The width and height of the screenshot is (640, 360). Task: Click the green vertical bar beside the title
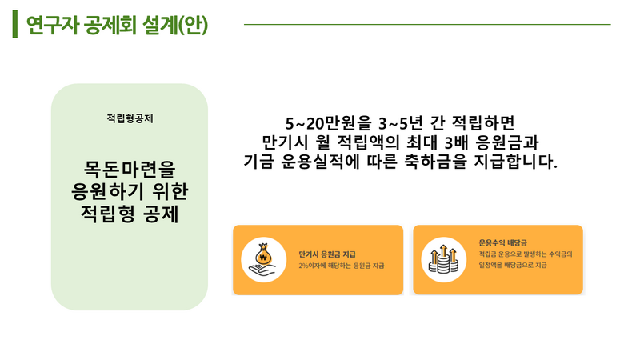pos(15,24)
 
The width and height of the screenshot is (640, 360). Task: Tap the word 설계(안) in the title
pos(175,26)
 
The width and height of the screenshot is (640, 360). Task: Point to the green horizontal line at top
pos(427,25)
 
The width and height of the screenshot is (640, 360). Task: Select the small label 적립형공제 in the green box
pos(130,118)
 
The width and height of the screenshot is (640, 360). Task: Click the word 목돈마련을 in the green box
pos(130,170)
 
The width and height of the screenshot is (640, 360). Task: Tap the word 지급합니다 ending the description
pos(515,162)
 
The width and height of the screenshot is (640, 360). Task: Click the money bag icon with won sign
pos(264,254)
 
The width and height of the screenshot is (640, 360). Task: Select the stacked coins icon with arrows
pos(443,259)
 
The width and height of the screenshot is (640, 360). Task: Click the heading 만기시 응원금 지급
pos(327,254)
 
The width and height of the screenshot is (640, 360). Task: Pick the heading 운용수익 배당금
pos(503,243)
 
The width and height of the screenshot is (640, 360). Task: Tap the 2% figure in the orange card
pos(304,266)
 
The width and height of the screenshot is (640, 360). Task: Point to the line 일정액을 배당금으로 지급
pos(513,266)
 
